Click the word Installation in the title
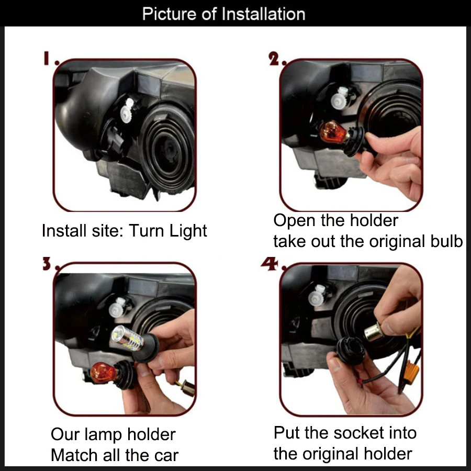point(263,14)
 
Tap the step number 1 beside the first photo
point(46,58)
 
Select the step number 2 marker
point(274,59)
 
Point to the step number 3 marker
point(47,264)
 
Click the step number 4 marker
point(270,264)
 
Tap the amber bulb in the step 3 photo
point(103,373)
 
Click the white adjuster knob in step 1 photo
point(127,110)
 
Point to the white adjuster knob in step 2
point(340,98)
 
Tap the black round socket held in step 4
point(351,350)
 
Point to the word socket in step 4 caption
point(358,433)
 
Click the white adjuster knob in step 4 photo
point(318,295)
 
